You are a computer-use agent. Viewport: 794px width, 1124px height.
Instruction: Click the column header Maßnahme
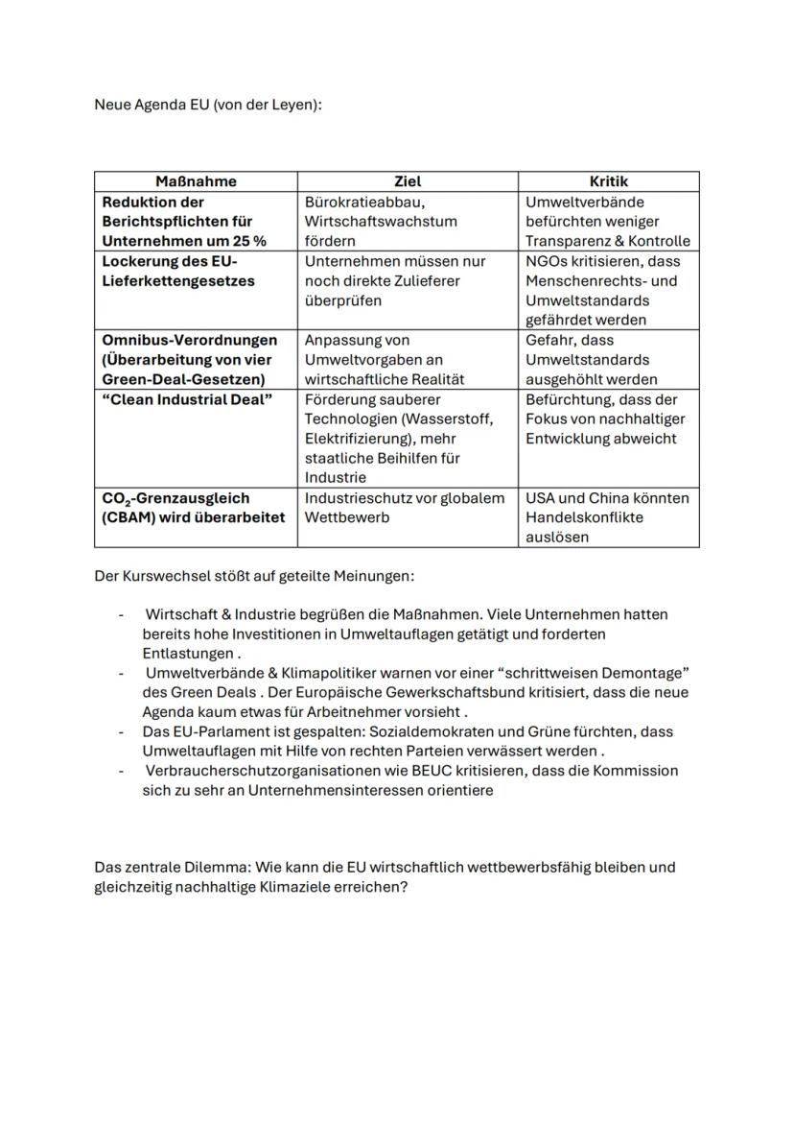pos(196,181)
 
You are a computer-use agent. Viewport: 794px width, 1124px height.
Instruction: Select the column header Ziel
pos(408,181)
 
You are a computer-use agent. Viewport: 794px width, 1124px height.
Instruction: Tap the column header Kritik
pos(609,181)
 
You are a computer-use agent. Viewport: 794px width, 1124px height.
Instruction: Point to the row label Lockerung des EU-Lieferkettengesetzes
pos(170,271)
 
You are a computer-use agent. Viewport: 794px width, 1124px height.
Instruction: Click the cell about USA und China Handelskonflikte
pos(607,517)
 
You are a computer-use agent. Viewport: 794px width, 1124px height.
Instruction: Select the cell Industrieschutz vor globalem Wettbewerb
pos(404,508)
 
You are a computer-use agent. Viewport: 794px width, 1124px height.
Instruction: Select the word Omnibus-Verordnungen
pos(190,340)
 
